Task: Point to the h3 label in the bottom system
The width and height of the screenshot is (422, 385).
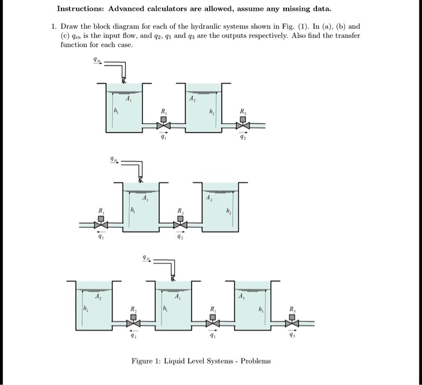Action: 262,309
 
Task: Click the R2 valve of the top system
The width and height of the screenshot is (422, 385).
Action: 242,125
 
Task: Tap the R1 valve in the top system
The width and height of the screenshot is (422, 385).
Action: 163,125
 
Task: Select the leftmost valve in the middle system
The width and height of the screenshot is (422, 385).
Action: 101,225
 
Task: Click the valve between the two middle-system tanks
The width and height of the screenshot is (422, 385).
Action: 179,225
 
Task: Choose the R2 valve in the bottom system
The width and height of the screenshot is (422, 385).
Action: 134,323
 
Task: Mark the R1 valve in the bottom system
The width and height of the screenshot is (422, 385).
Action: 212,323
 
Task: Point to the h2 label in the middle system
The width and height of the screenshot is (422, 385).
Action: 228,210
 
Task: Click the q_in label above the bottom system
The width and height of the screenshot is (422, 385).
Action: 145,257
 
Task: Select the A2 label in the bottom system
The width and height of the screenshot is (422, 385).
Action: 96,296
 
